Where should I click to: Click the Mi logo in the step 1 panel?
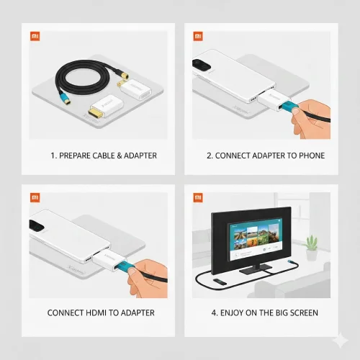(35, 35)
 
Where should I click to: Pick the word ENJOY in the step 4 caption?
(233, 312)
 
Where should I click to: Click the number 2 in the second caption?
(209, 155)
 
